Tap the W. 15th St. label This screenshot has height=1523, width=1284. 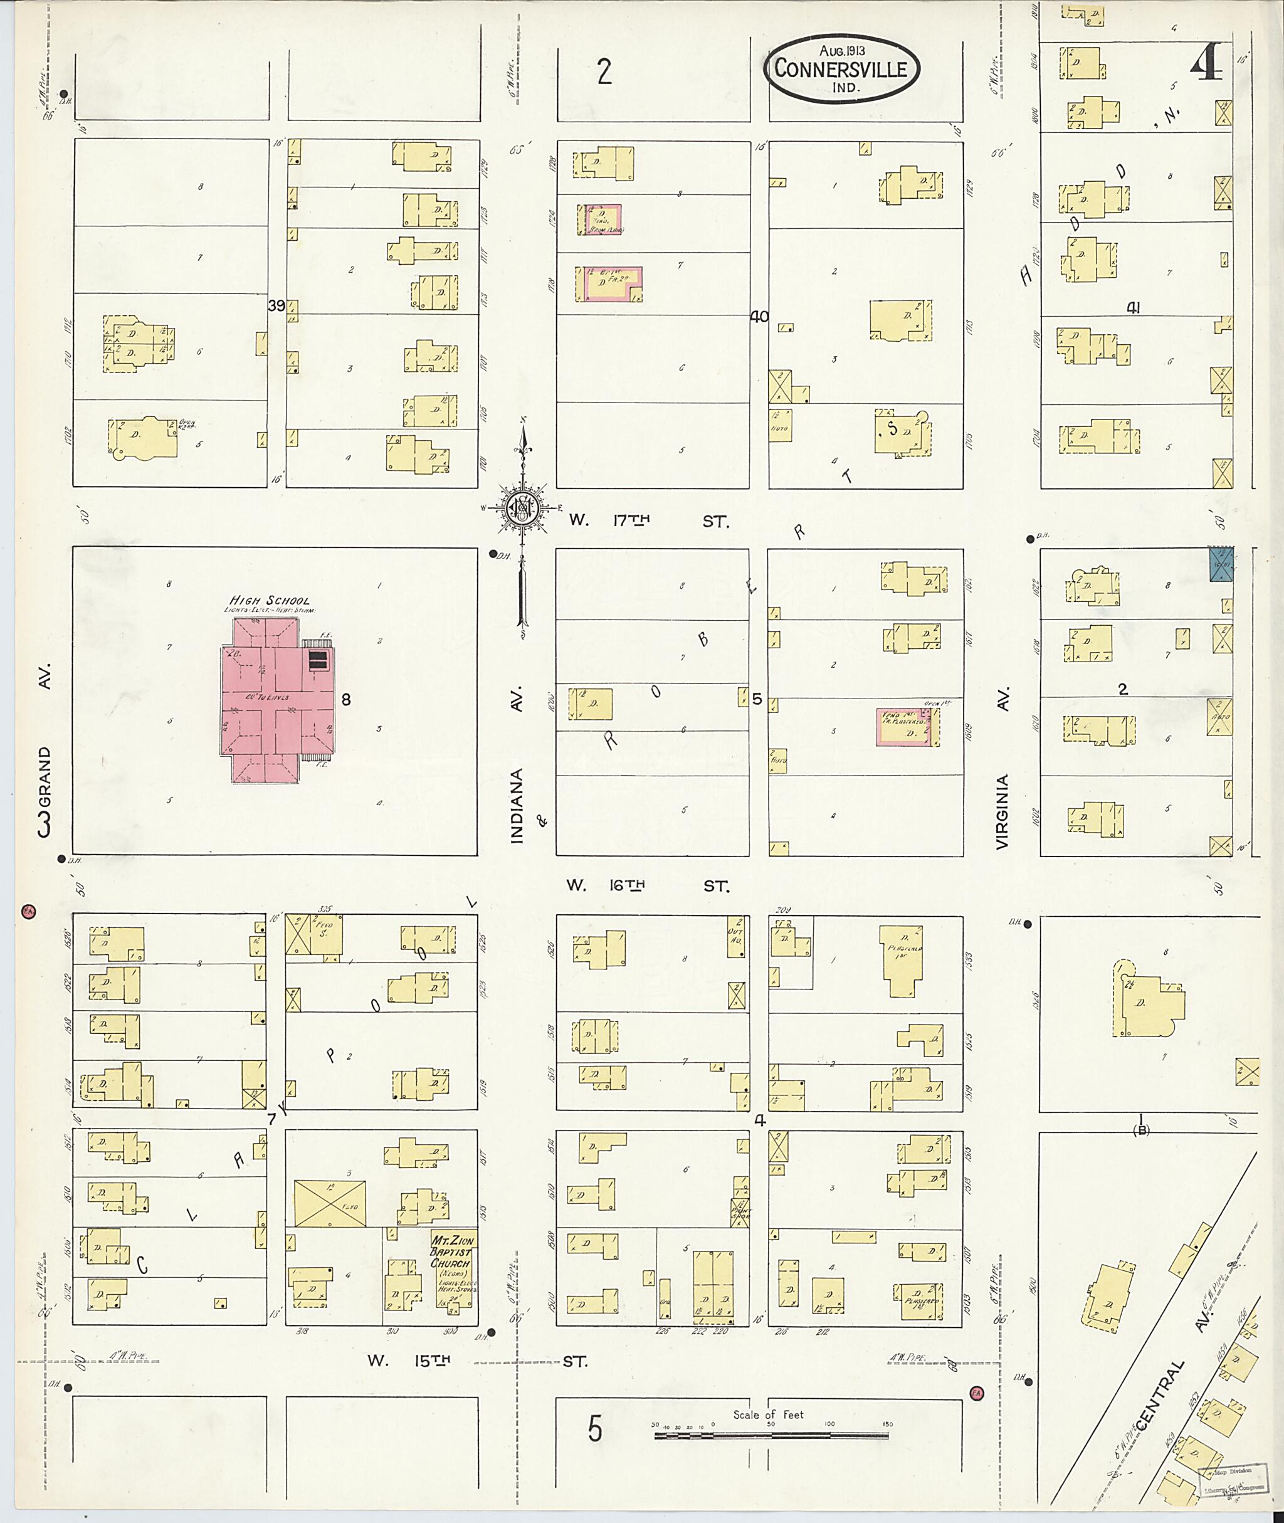(x=476, y=1361)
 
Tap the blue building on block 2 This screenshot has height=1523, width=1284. (x=1221, y=565)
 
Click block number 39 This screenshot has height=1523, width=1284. (x=276, y=307)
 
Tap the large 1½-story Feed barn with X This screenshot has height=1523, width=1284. (x=330, y=1204)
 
